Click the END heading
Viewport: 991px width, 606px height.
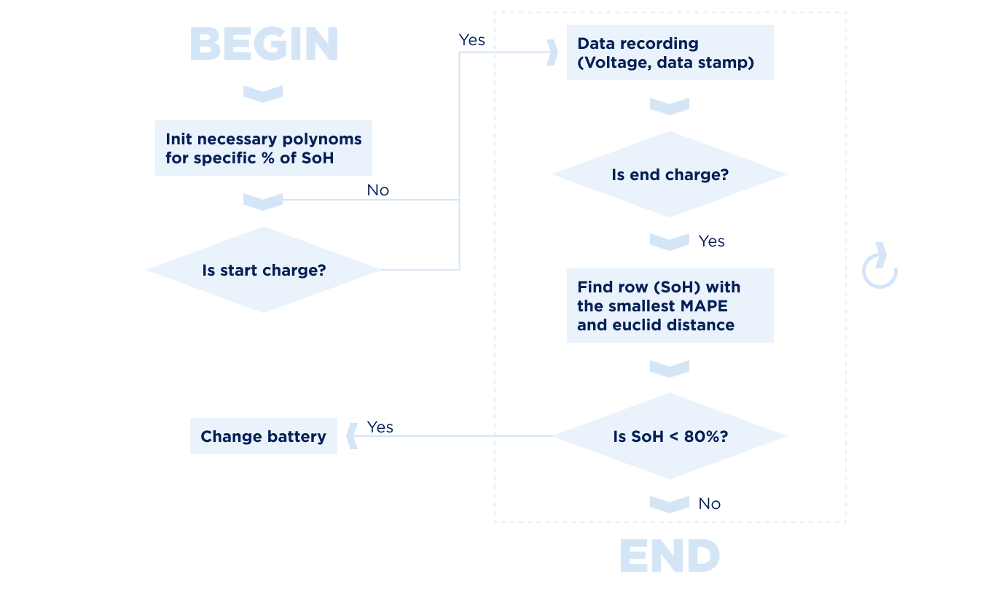click(x=669, y=556)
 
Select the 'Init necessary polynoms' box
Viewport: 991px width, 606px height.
click(x=263, y=148)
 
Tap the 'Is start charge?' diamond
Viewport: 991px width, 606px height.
click(x=263, y=270)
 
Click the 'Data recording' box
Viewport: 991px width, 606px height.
click(x=670, y=53)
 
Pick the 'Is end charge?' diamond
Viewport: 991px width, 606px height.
click(x=669, y=174)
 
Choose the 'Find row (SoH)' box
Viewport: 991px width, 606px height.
click(x=670, y=306)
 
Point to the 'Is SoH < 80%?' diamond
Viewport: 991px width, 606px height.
click(x=669, y=436)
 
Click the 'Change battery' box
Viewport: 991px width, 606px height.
click(x=263, y=436)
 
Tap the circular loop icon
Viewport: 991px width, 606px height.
click(x=880, y=268)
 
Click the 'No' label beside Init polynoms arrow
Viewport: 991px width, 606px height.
click(x=378, y=190)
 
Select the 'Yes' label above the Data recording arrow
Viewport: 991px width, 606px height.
click(x=471, y=40)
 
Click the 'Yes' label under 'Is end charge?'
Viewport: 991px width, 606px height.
click(x=711, y=241)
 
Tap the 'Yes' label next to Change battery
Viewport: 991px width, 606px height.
click(x=380, y=427)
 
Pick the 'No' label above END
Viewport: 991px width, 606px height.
click(x=709, y=504)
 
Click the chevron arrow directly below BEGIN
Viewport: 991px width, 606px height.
click(x=262, y=93)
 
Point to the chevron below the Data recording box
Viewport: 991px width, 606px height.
click(x=669, y=106)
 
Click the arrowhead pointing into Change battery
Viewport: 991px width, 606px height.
click(x=352, y=436)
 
